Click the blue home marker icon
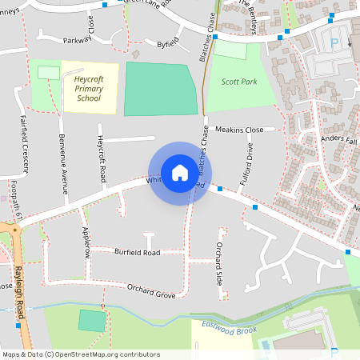tap(180, 172)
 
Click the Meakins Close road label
tap(238, 129)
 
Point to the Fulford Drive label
tap(250, 163)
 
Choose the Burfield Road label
tap(137, 252)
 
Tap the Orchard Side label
tap(219, 263)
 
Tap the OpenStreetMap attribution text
tap(80, 354)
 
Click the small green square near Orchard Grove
tap(92, 321)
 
